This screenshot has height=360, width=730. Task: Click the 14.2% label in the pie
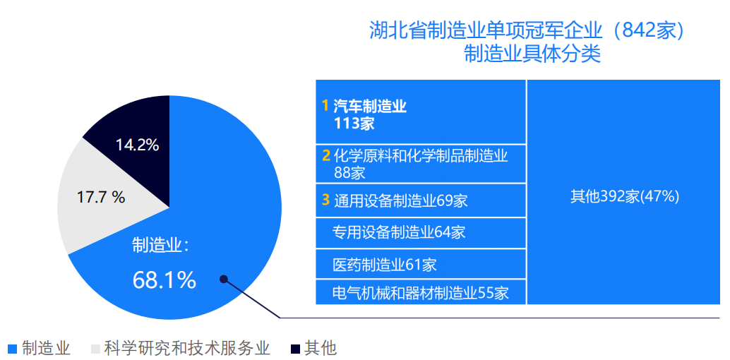tap(138, 145)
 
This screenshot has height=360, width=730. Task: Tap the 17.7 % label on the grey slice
tap(101, 198)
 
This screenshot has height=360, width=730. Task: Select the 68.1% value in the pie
tap(164, 280)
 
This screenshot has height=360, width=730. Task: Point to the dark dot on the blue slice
tap(224, 279)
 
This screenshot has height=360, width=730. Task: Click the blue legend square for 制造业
tap(13, 349)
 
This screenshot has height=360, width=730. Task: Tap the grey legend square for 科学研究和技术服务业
tap(95, 349)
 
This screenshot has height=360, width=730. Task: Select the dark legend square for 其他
tap(294, 349)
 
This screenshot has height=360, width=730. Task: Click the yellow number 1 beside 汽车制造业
tap(325, 107)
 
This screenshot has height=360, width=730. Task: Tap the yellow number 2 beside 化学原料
tap(326, 155)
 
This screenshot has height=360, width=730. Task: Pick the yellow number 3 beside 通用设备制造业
tap(326, 200)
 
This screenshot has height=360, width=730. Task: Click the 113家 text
tap(354, 124)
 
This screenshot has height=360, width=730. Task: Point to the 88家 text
tap(349, 172)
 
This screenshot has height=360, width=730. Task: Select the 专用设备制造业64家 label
tap(399, 232)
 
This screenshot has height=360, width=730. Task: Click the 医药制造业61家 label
tap(385, 265)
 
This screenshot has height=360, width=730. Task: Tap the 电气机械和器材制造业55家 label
tap(420, 293)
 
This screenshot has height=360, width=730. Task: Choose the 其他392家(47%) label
tap(625, 197)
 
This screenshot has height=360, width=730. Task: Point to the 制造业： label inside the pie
tap(160, 245)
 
